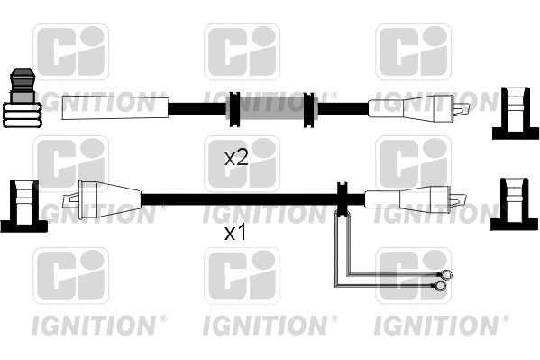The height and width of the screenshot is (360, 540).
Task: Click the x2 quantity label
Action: [x=236, y=158]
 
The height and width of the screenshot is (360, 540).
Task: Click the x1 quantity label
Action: [x=235, y=233]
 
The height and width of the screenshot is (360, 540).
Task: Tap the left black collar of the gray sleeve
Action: [x=233, y=108]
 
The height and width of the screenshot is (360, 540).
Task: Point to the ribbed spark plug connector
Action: [x=23, y=99]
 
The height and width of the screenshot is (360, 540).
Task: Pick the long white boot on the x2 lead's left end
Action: [x=114, y=107]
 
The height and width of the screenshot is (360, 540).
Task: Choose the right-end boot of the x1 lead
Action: [x=406, y=198]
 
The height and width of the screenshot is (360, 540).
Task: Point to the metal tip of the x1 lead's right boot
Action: [x=460, y=198]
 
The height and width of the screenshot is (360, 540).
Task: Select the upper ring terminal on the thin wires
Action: [x=444, y=275]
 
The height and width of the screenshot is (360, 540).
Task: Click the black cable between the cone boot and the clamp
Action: [x=239, y=198]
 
